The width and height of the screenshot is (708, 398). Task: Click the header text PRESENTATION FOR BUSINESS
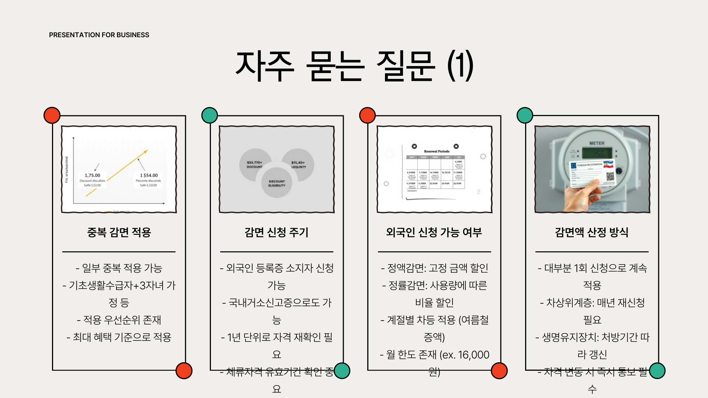click(x=99, y=35)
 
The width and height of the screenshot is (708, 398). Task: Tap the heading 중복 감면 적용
click(x=119, y=232)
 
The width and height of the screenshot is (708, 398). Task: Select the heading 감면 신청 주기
click(x=277, y=232)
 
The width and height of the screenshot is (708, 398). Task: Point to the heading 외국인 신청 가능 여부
click(x=434, y=232)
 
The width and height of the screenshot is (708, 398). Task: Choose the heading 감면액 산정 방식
click(x=592, y=232)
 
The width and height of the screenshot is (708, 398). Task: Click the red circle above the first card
click(x=52, y=115)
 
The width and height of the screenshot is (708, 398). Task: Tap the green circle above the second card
click(x=210, y=115)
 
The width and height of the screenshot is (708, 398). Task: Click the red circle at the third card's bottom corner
click(x=499, y=370)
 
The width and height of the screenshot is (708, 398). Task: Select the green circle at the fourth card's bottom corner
click(x=657, y=370)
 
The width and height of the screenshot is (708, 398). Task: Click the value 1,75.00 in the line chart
click(x=92, y=175)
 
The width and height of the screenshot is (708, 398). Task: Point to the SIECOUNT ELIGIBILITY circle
click(x=277, y=183)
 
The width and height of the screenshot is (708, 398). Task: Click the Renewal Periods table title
click(x=437, y=151)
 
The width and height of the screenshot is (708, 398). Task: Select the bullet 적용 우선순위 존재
click(x=119, y=320)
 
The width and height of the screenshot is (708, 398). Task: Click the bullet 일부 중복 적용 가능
click(x=119, y=268)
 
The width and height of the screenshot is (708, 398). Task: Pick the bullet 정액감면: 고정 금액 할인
click(x=434, y=268)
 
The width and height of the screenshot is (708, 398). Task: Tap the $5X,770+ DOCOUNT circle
click(x=255, y=165)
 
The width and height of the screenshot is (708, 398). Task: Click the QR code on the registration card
click(x=610, y=177)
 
